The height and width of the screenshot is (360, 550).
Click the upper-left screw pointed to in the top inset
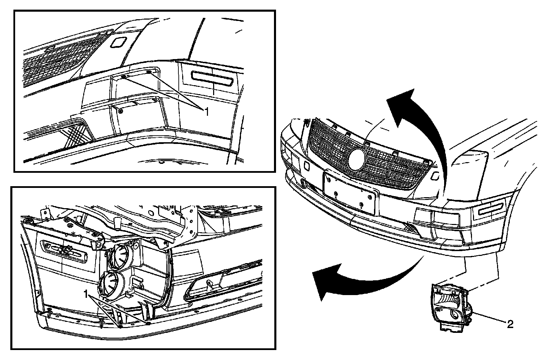point(123,77)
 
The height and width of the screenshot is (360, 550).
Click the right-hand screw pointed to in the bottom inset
point(148,323)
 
